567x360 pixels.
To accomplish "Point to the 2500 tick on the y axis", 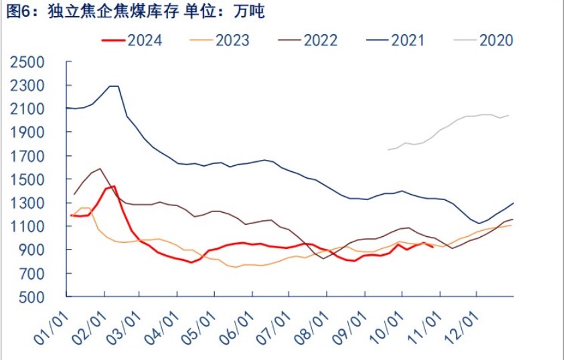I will pos(26,62).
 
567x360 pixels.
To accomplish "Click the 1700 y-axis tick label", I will pos(26,156).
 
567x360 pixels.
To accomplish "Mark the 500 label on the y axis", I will pos(31,297).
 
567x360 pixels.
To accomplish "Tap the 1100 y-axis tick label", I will pos(26,226).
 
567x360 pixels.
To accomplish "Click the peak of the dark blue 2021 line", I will pos(113,86).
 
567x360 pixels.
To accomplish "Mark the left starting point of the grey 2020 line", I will pos(388,149).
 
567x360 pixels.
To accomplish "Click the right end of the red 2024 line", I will pos(433,246).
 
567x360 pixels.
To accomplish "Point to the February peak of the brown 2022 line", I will pos(100,169).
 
